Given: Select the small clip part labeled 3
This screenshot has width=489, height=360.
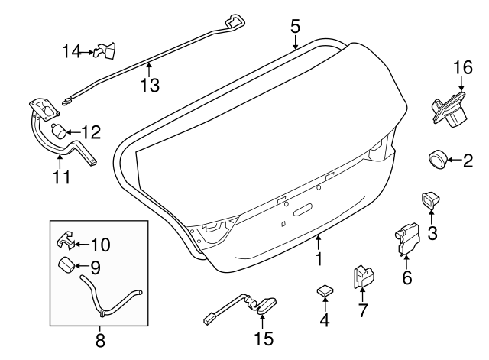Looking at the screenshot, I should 429,202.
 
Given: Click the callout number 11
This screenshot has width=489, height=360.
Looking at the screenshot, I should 61,178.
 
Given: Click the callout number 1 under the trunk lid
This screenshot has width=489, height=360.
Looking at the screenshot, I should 318,260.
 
